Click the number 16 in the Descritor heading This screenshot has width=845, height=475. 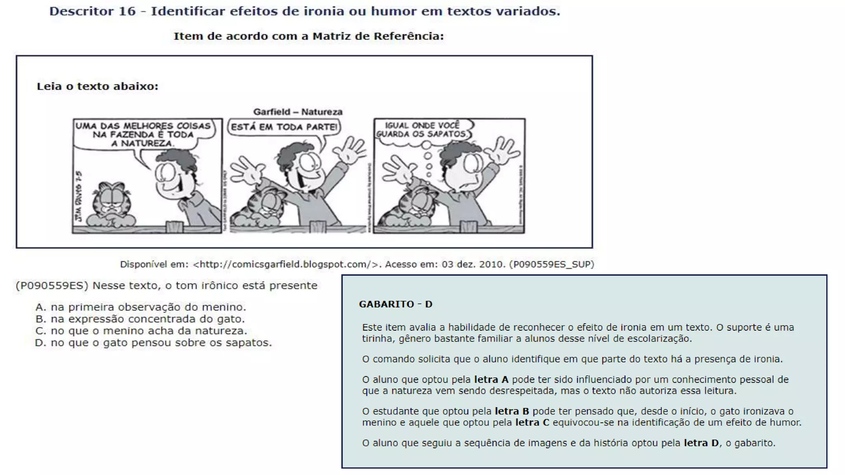pos(127,11)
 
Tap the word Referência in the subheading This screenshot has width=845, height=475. pos(408,36)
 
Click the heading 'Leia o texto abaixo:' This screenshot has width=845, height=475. pos(97,86)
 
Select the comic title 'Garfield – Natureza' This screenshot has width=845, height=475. pos(297,112)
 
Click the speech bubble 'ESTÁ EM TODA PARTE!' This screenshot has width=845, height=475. pos(284,127)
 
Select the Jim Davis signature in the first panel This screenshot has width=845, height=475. pos(79,196)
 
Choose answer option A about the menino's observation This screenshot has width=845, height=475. pos(140,307)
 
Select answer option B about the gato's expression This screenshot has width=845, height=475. pos(140,319)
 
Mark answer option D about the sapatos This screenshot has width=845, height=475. pos(153,343)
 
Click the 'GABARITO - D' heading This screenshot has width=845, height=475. pos(395,304)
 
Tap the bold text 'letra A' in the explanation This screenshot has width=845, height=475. pos(491,380)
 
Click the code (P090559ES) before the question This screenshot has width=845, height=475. pos(52,286)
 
